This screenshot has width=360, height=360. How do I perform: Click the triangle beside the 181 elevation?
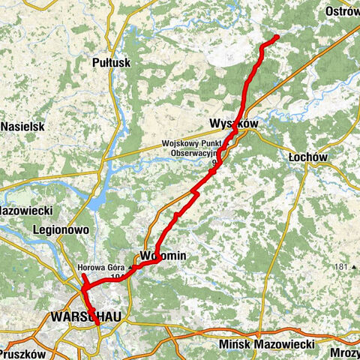coord(355,267)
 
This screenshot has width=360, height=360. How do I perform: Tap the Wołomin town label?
coord(163,256)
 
